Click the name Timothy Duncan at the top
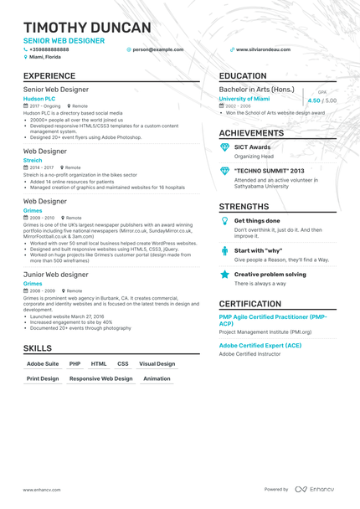[87, 28]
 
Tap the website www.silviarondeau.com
[263, 49]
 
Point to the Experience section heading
[55, 76]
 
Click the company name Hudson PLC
[39, 98]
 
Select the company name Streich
[33, 159]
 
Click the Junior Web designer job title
[55, 274]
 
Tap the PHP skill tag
[75, 364]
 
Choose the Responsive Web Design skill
[100, 378]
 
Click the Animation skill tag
[157, 378]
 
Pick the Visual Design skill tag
[157, 364]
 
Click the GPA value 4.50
[314, 100]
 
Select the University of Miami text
[250, 98]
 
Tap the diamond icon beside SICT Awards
[224, 147]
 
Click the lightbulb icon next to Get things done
[224, 221]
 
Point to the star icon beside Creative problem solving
[224, 274]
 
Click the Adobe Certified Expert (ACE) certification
[260, 344]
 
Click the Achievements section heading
[251, 133]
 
